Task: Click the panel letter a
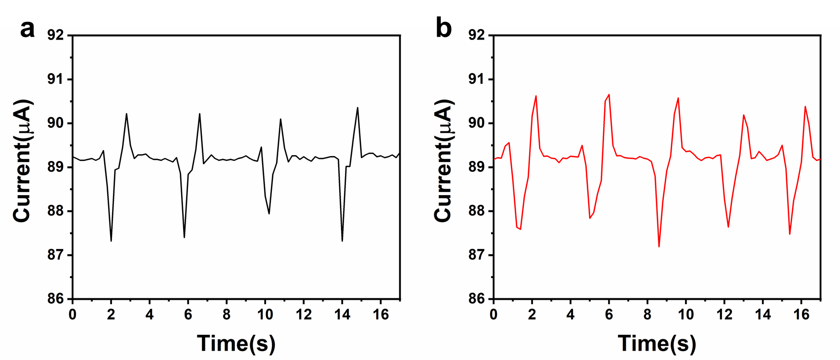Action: point(28,31)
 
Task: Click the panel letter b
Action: point(444,31)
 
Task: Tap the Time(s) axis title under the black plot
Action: point(236,343)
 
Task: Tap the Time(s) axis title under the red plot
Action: point(657,343)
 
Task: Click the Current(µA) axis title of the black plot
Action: point(23,161)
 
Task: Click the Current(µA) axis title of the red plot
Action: point(444,161)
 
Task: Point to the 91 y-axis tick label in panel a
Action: point(56,79)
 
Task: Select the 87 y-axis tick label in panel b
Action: point(477,255)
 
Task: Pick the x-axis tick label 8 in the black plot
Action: point(227,315)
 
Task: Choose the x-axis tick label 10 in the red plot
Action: point(686,315)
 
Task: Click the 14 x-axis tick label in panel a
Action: point(342,315)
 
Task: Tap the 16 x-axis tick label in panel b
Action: point(802,315)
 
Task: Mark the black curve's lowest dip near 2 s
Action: point(111,241)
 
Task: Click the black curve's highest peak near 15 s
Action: point(357,108)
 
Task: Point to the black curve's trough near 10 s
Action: point(269,214)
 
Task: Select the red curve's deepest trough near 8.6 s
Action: point(659,246)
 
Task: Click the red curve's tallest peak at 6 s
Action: point(609,94)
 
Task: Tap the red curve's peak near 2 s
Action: point(536,96)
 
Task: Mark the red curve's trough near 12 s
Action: point(728,227)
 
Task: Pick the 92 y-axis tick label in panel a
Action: point(56,35)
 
